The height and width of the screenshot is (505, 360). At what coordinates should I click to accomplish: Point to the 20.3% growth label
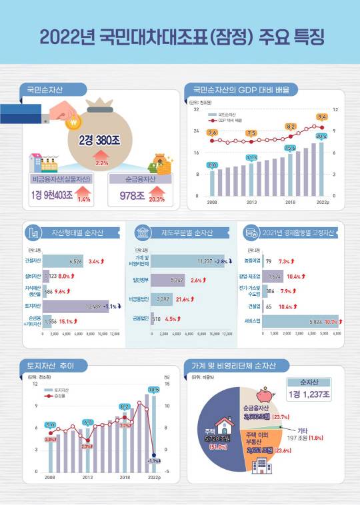[x=157, y=199]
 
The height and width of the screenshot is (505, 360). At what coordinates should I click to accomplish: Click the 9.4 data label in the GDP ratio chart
[x=322, y=117]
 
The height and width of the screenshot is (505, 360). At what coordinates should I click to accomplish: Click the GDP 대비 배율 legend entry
[x=229, y=121]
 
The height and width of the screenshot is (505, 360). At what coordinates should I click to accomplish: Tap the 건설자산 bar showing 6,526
[x=63, y=261]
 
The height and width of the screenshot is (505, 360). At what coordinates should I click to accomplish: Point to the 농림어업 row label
[x=253, y=261]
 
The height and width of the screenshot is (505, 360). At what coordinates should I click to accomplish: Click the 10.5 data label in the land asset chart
[x=153, y=390]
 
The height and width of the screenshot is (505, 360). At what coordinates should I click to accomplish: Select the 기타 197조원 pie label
[x=307, y=434]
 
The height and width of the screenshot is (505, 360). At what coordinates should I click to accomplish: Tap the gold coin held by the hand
[x=74, y=122]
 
